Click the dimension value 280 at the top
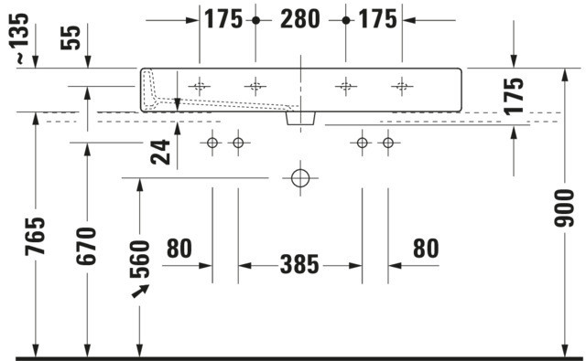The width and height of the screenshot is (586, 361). pyautogui.click(x=300, y=19)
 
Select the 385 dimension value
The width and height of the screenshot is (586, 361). pyautogui.click(x=299, y=265)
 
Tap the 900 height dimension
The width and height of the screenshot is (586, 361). pyautogui.click(x=564, y=208)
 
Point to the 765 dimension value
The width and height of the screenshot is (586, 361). pyautogui.click(x=35, y=236)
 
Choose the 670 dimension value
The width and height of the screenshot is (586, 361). pyautogui.click(x=86, y=246)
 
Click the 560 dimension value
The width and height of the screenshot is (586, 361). pyautogui.click(x=140, y=260)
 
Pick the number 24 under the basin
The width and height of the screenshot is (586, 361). pyautogui.click(x=160, y=152)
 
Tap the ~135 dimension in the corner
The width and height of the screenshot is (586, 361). pyautogui.click(x=18, y=38)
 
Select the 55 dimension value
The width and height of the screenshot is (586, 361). pyautogui.click(x=71, y=37)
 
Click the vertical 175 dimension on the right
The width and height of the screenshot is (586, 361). pyautogui.click(x=514, y=96)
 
